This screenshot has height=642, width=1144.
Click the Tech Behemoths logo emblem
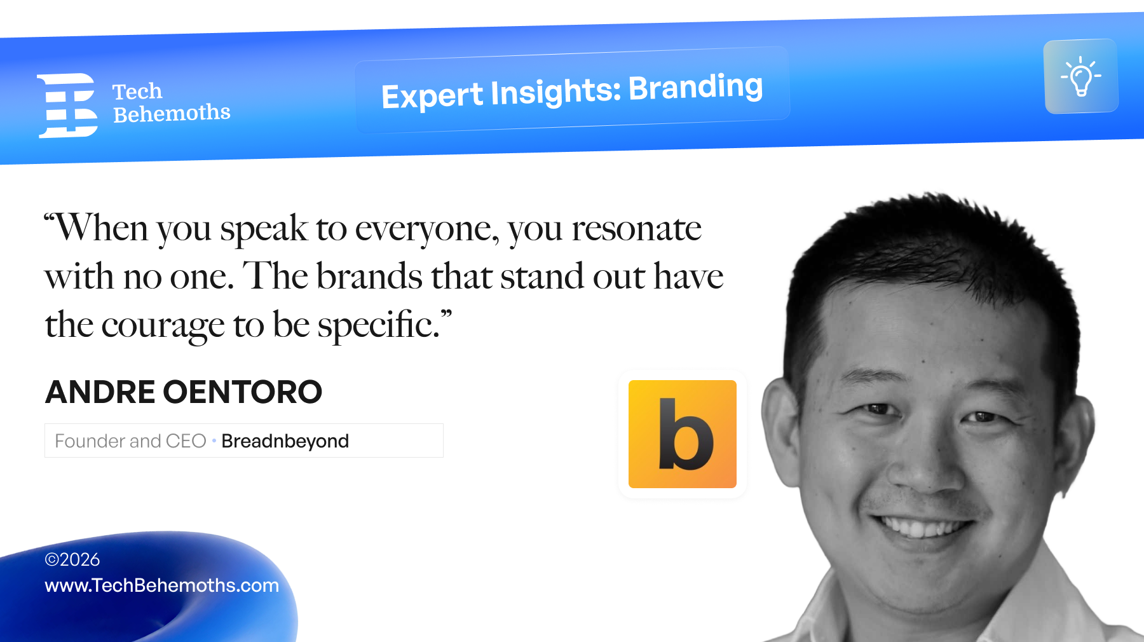pos(67,106)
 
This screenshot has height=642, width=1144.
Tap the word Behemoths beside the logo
pos(172,113)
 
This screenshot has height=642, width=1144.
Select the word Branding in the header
pos(696,88)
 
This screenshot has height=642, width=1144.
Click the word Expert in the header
pos(432,97)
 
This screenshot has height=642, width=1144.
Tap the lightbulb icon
pos(1080,76)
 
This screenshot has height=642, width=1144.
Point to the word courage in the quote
pos(163,327)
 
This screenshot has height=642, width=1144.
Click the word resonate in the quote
pos(636,229)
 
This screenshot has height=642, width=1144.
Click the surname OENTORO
pos(243,392)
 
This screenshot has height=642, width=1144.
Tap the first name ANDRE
pos(100,392)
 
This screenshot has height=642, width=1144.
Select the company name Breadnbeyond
pos(285,441)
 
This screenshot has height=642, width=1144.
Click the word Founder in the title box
pos(90,441)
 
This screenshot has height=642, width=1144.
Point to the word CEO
pos(186,441)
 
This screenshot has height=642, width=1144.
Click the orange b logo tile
pos(683,434)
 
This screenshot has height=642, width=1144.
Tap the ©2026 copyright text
pos(72,559)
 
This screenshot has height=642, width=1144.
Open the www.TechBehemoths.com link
pos(161,585)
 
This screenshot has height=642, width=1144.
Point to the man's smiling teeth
pos(922,527)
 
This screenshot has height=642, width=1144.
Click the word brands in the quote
pos(369,276)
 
